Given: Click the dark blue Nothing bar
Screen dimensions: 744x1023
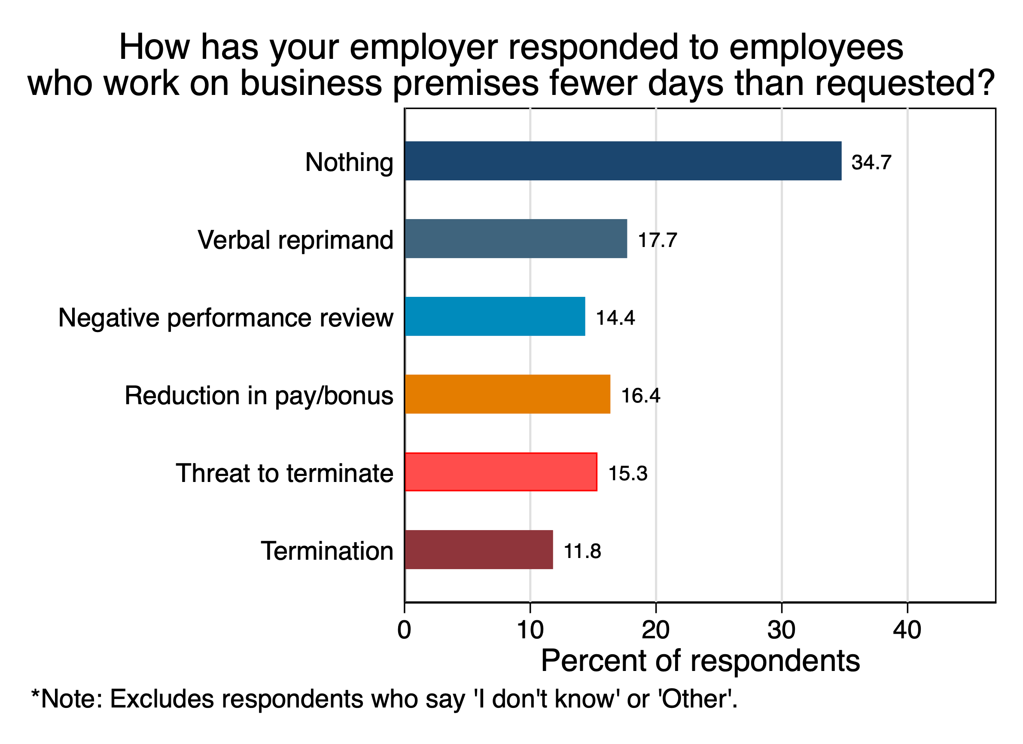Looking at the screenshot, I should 622,161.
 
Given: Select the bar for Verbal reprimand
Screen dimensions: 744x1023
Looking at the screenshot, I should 515,239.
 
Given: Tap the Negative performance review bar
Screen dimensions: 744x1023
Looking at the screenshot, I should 495,316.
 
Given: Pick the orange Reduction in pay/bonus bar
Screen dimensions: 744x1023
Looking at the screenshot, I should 508,394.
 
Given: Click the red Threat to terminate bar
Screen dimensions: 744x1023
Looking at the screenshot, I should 501,472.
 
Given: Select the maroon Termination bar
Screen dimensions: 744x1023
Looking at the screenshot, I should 478,549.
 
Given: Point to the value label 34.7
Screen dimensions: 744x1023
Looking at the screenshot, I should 871,162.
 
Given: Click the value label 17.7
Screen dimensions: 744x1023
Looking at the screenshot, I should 657,240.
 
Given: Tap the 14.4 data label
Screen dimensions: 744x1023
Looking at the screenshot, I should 615,317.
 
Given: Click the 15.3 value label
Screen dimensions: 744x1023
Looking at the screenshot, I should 628,473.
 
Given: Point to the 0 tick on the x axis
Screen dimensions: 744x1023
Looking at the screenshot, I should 404,630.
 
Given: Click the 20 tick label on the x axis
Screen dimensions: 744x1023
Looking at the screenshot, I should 655,630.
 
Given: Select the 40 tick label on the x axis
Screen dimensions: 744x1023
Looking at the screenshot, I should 907,630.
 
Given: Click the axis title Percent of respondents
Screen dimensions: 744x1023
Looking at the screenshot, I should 700,661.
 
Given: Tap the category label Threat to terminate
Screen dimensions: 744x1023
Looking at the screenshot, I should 284,473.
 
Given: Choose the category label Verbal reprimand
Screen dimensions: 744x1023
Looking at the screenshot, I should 295,240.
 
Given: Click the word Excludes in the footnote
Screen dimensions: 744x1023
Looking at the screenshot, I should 161,699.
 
